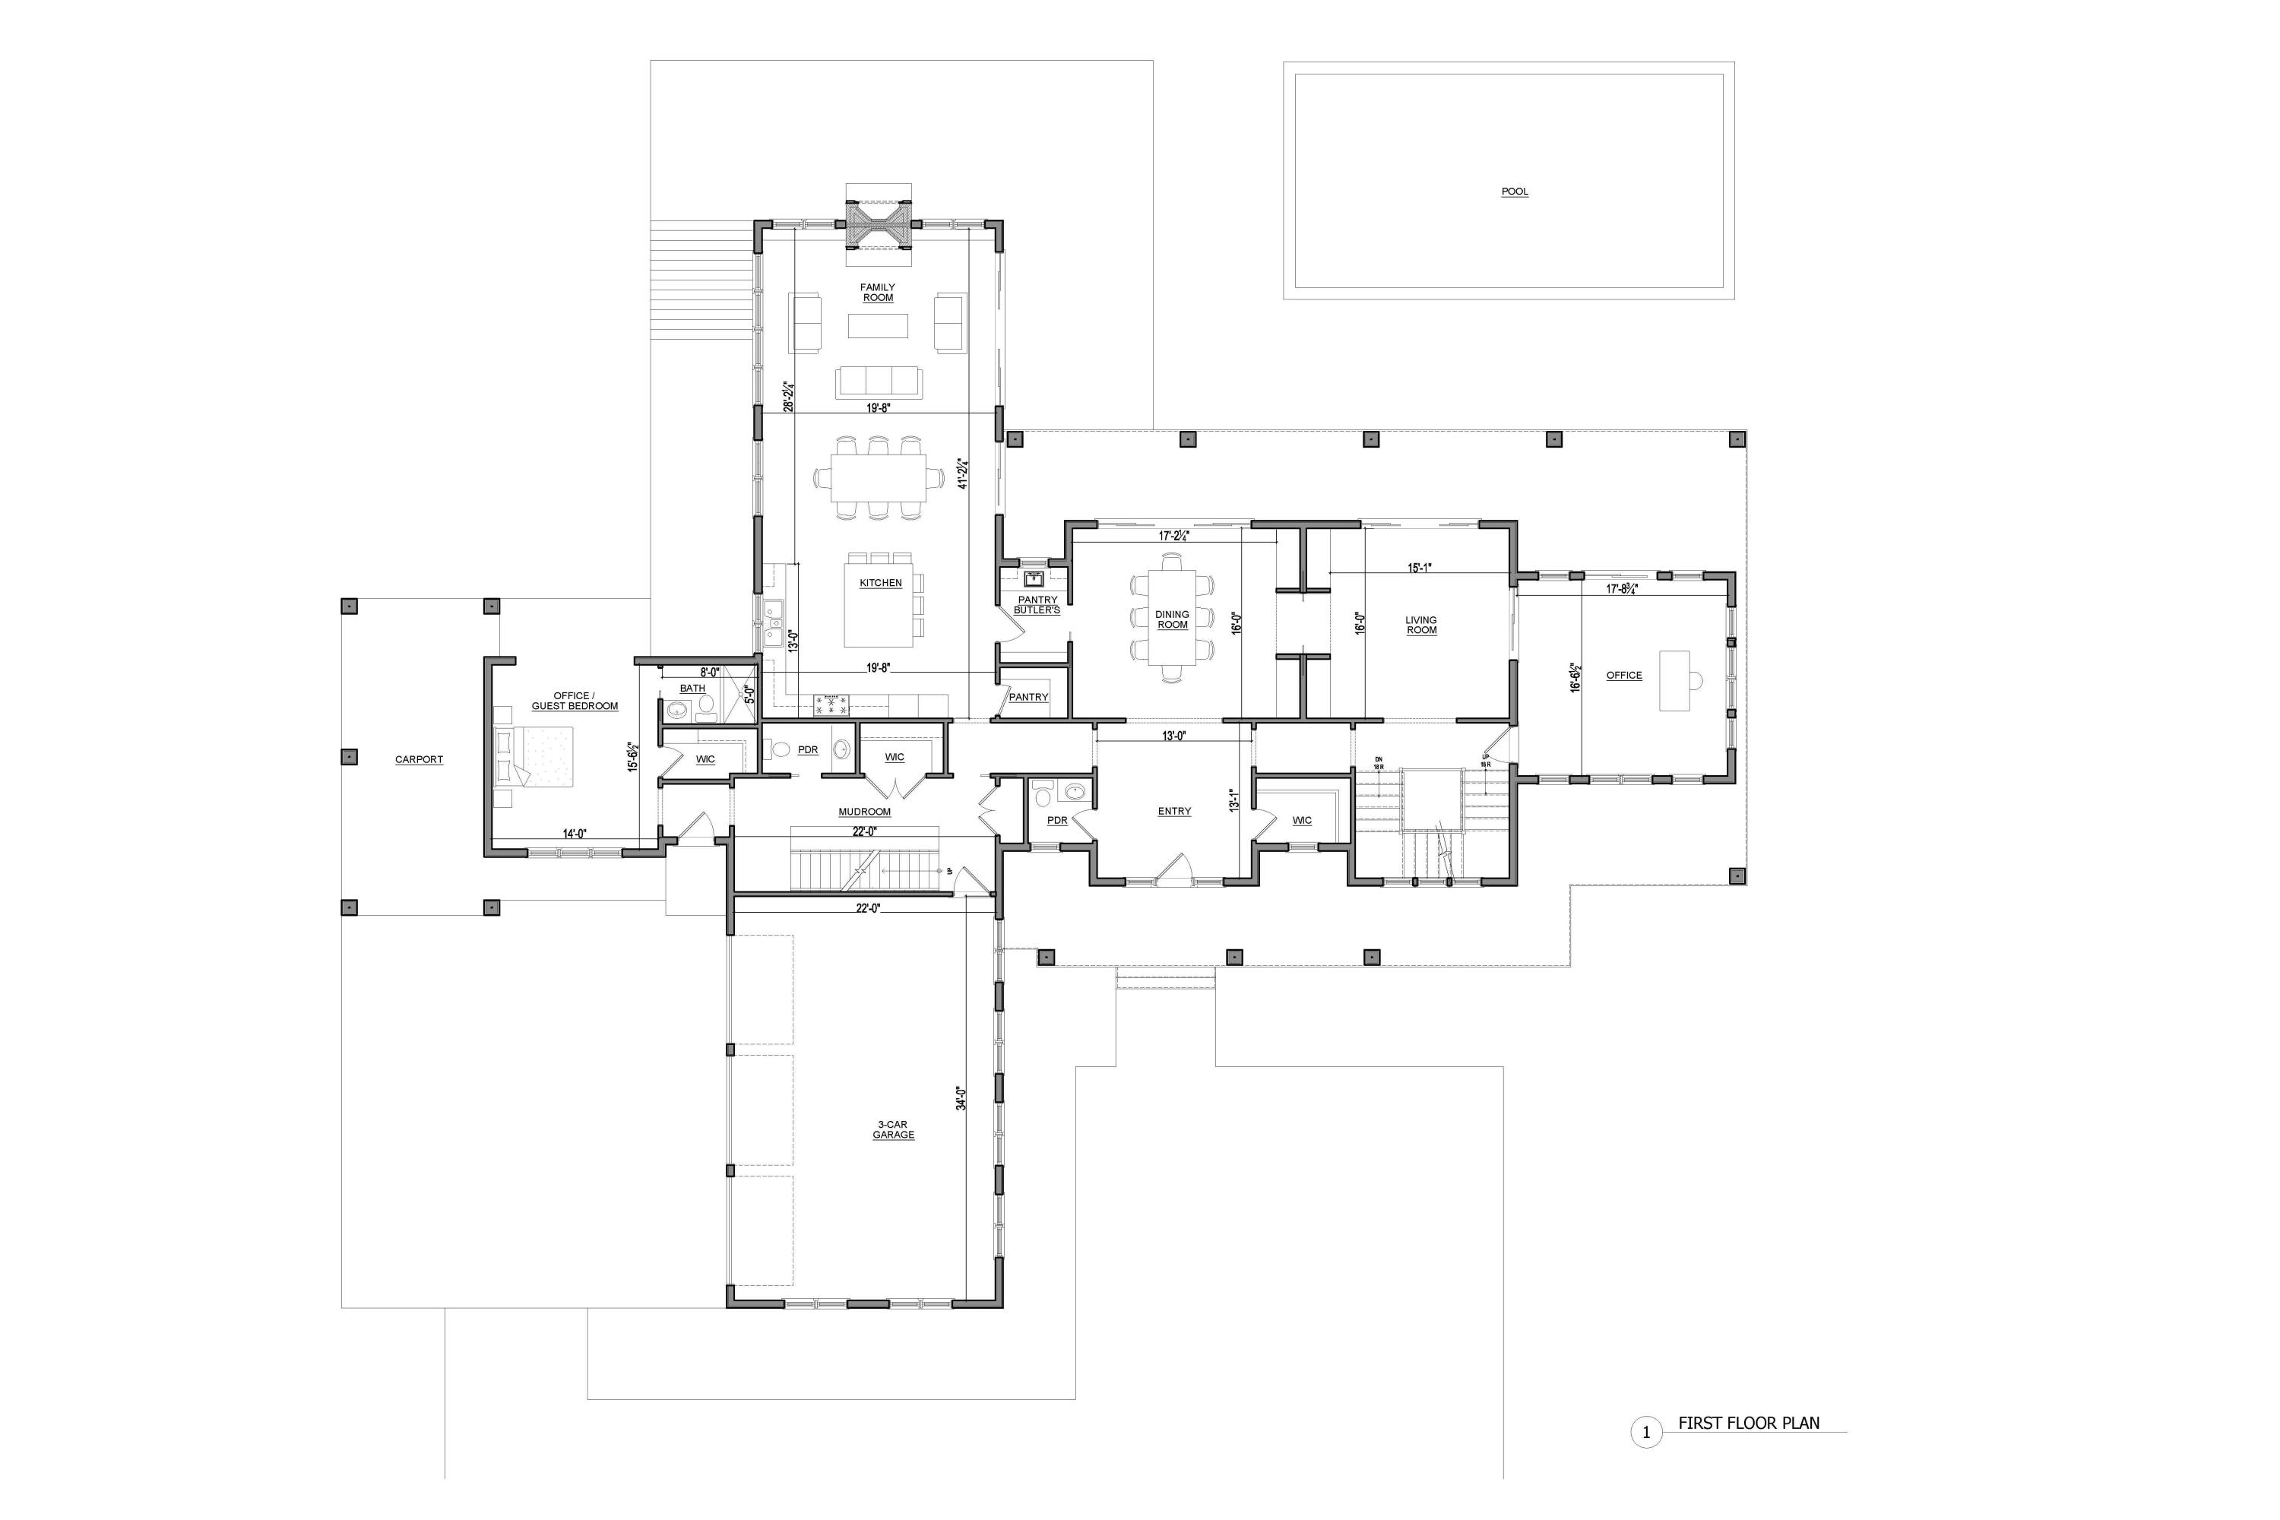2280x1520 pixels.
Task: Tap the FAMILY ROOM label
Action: pyautogui.click(x=877, y=292)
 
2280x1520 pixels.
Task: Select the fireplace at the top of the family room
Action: pyautogui.click(x=879, y=224)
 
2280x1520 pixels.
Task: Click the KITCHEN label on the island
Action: pyautogui.click(x=880, y=583)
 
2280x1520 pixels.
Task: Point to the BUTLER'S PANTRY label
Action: pyautogui.click(x=1037, y=605)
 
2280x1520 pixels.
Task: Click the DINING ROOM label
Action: pyautogui.click(x=1172, y=619)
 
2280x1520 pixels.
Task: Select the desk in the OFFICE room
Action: pyautogui.click(x=1675, y=680)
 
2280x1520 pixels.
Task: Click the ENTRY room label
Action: pyautogui.click(x=1174, y=812)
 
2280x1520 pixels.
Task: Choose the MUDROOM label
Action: pyautogui.click(x=863, y=812)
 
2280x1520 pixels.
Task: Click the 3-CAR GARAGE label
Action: pyautogui.click(x=893, y=1129)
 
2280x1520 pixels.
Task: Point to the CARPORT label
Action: pyautogui.click(x=419, y=759)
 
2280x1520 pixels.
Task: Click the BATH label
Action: pyautogui.click(x=692, y=689)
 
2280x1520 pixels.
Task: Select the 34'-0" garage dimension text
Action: pyautogui.click(x=961, y=1097)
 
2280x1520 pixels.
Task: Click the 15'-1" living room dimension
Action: pyautogui.click(x=1419, y=568)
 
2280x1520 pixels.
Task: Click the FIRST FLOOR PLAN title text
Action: pyautogui.click(x=1749, y=1423)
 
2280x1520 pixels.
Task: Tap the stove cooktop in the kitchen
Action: pyautogui.click(x=831, y=705)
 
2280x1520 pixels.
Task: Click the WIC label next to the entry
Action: pyautogui.click(x=1302, y=820)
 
